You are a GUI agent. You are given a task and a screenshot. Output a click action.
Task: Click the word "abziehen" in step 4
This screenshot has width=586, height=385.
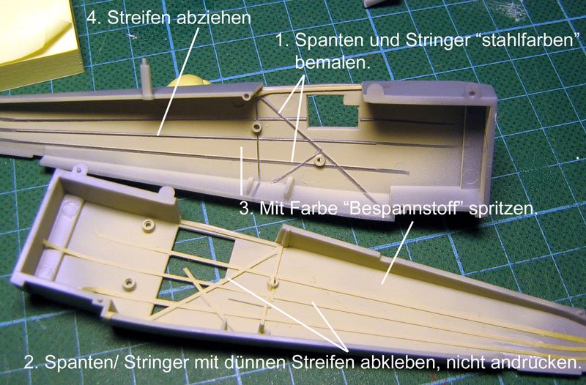[x=213, y=18]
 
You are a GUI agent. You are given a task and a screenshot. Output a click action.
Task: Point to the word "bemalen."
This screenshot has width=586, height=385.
[x=333, y=62]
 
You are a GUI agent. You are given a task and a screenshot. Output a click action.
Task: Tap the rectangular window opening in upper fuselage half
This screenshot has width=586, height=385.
[x=331, y=111]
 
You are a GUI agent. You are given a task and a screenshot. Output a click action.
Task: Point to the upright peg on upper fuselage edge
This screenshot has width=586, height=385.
[x=146, y=78]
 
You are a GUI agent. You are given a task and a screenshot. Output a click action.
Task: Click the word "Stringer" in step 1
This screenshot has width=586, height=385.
[x=437, y=41]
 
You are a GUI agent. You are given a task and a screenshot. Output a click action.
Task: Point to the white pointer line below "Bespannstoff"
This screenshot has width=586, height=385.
[x=397, y=253]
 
